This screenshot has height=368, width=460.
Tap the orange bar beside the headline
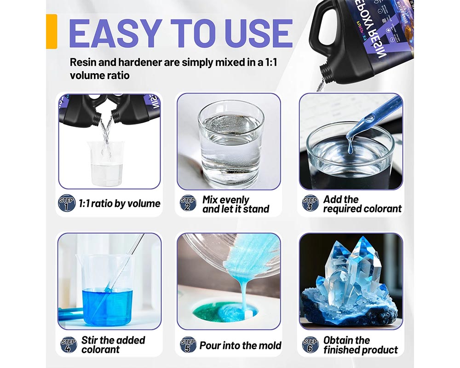[x=52, y=31]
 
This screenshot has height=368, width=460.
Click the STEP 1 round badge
[x=67, y=203]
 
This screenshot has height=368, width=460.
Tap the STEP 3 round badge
[x=310, y=203]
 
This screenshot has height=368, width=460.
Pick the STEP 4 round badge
[x=69, y=345]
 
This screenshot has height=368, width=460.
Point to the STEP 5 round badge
[x=188, y=345]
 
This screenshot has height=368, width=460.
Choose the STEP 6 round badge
[x=310, y=345]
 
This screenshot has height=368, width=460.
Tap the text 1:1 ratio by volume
[x=119, y=203]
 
